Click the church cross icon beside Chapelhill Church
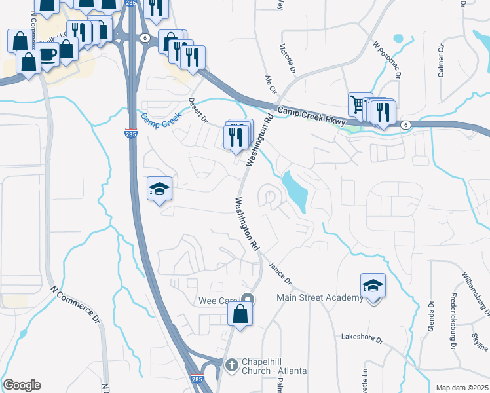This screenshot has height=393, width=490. point(231,364)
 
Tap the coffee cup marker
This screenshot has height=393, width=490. point(48,55)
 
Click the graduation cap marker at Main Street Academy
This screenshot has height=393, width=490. point(373,286)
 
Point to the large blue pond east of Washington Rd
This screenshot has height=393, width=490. point(294,190)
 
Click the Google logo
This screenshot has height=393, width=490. point(22,385)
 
